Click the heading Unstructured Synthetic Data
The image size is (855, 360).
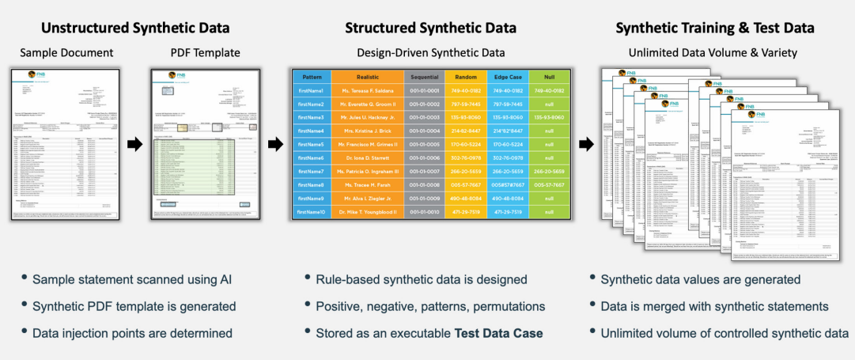pyautogui.click(x=135, y=28)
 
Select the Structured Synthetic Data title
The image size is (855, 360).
pyautogui.click(x=430, y=28)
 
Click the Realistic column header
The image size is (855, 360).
pyautogui.click(x=367, y=77)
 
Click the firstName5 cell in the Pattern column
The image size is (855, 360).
pyautogui.click(x=311, y=144)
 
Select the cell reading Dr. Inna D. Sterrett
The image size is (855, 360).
pyautogui.click(x=367, y=157)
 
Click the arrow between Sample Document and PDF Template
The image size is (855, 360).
pyautogui.click(x=135, y=144)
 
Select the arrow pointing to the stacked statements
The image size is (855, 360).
pyautogui.click(x=586, y=144)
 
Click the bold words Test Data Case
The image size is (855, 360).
pyautogui.click(x=498, y=333)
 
